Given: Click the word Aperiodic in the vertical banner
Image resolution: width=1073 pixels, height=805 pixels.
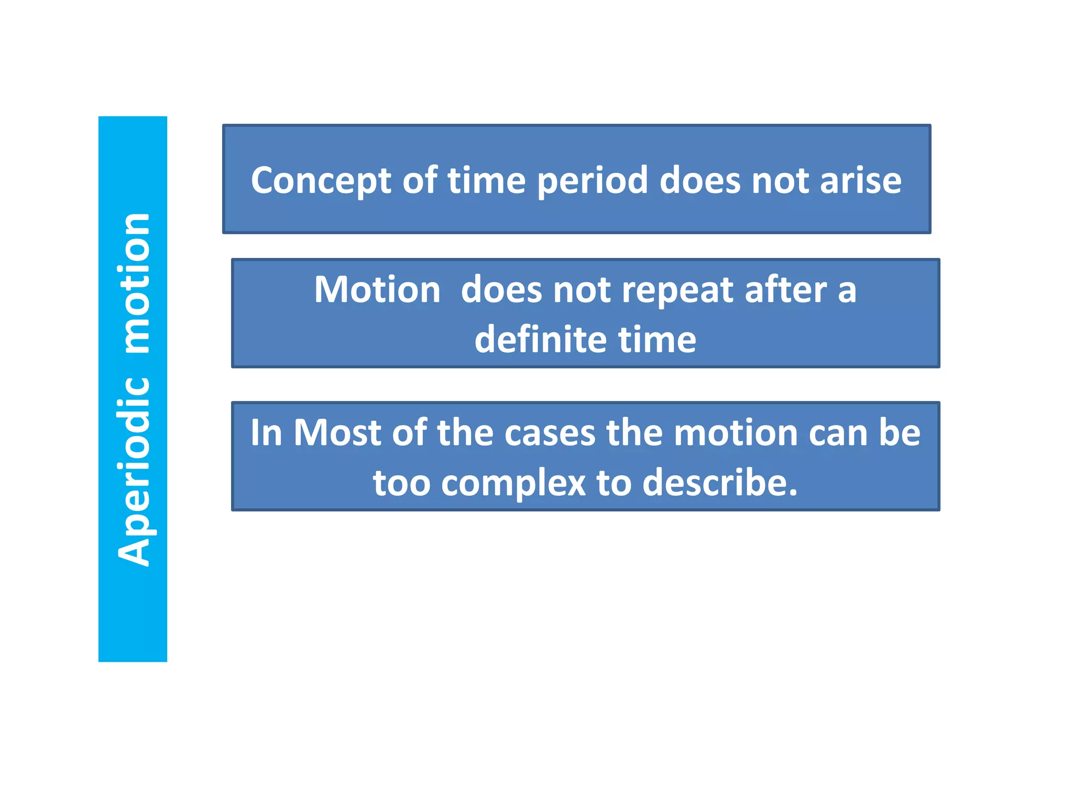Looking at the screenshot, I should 134,472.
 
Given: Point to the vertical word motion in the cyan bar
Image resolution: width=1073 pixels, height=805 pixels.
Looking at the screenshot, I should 134,283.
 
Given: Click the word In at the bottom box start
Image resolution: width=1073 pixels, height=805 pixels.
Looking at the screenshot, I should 266,433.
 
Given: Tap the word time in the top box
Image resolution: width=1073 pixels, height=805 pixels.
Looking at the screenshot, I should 486,180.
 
